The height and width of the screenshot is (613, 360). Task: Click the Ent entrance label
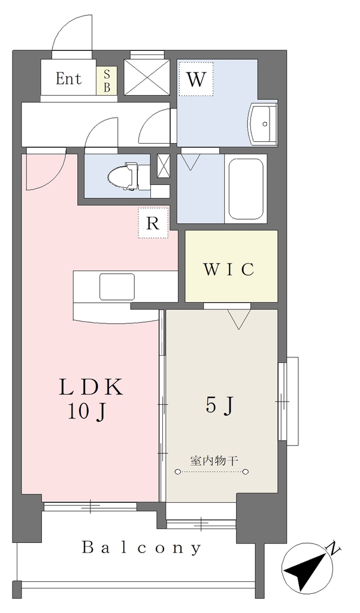pyautogui.click(x=68, y=78)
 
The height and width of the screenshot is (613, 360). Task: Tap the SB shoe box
pyautogui.click(x=107, y=80)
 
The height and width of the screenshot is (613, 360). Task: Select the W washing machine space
pyautogui.click(x=196, y=80)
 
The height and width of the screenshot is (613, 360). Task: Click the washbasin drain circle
pyautogui.click(x=265, y=124)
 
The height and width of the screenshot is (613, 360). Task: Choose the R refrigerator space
pyautogui.click(x=153, y=223)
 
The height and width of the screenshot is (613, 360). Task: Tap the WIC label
pyautogui.click(x=229, y=269)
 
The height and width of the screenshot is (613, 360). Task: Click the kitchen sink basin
pyautogui.click(x=117, y=286)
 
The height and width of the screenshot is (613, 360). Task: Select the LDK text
pyautogui.click(x=91, y=388)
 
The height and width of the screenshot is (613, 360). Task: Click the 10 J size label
pyautogui.click(x=87, y=412)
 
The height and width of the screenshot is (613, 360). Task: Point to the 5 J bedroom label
pyautogui.click(x=219, y=406)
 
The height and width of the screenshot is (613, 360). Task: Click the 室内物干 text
pyautogui.click(x=214, y=461)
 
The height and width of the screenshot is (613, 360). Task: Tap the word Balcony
pyautogui.click(x=142, y=548)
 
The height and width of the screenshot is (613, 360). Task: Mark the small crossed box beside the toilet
pyautogui.click(x=163, y=165)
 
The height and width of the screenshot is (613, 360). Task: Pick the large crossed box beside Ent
pyautogui.click(x=147, y=77)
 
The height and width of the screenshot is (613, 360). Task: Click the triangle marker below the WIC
pyautogui.click(x=238, y=320)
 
